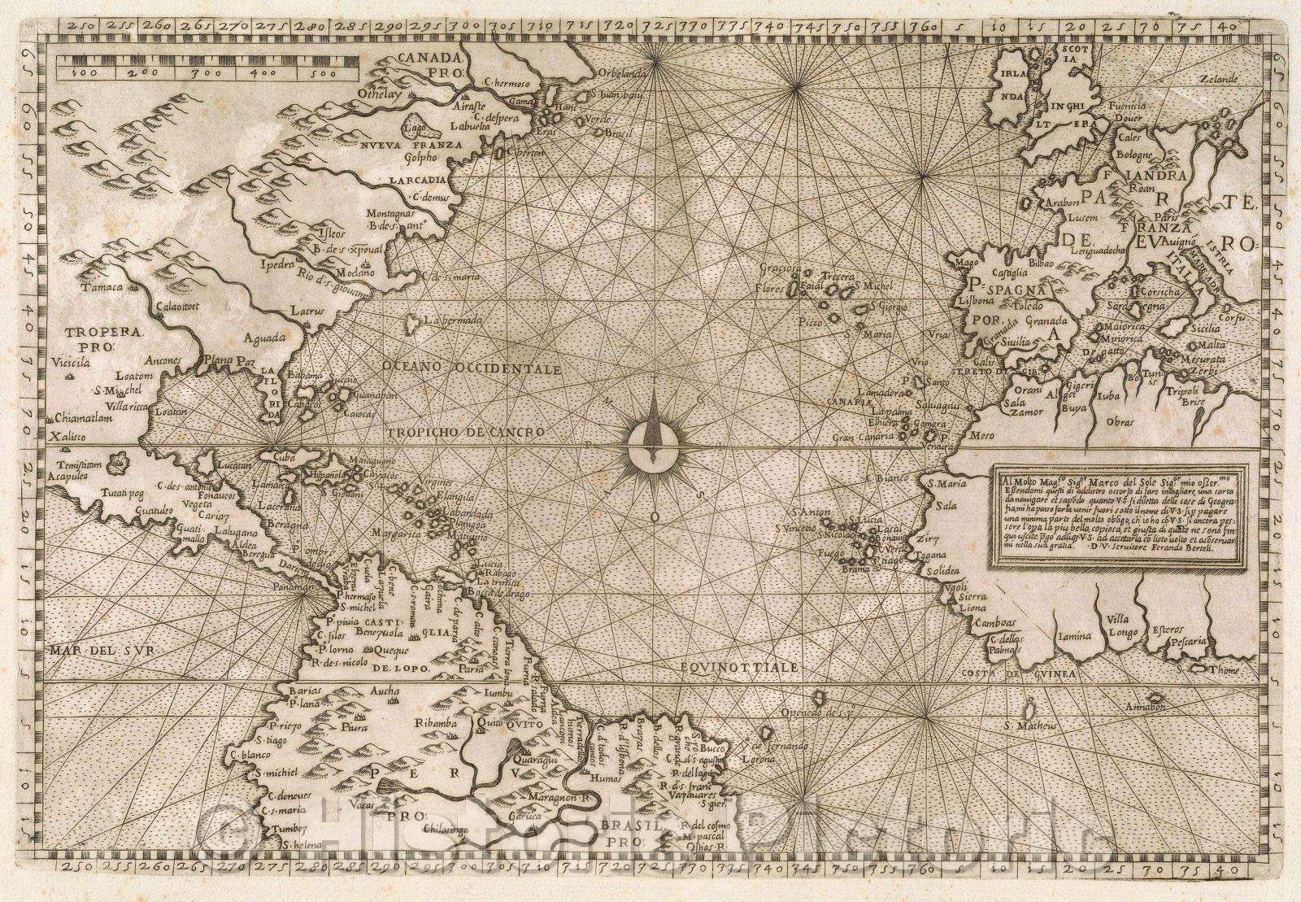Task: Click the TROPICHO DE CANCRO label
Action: coord(464,432)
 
